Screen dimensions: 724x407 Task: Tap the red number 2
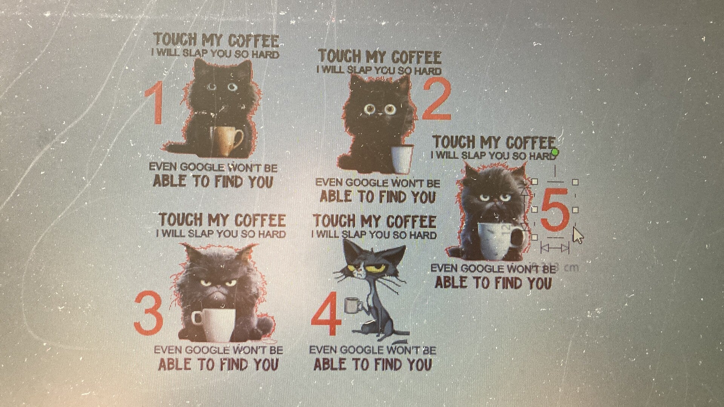[x=437, y=99]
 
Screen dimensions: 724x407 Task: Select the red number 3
[x=148, y=314]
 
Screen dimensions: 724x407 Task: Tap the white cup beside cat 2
[x=402, y=158]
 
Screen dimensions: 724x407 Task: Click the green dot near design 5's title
[x=555, y=152]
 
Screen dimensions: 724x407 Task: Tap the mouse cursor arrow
[x=578, y=236]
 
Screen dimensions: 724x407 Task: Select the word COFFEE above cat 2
[x=416, y=57]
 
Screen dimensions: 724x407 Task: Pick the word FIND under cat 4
[x=393, y=364]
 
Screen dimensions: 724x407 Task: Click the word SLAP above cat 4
[x=356, y=234]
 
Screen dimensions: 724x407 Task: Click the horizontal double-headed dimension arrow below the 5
[x=555, y=248]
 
